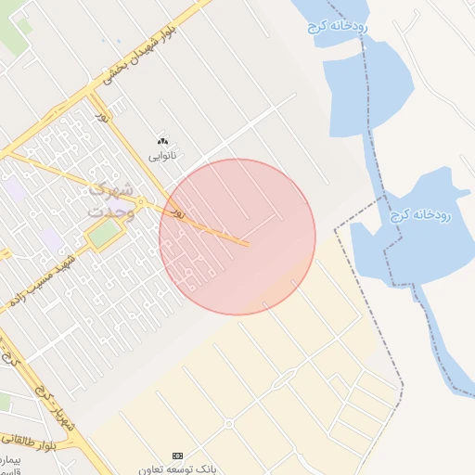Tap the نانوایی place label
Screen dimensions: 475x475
tap(163, 154)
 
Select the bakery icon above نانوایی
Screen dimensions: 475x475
tap(163, 140)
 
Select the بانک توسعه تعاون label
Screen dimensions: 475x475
tap(177, 469)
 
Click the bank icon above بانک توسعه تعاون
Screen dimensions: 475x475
tap(177, 456)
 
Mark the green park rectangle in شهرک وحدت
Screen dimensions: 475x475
tap(105, 235)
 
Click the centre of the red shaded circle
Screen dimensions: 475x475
tap(237, 237)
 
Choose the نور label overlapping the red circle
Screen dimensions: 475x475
tap(172, 212)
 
